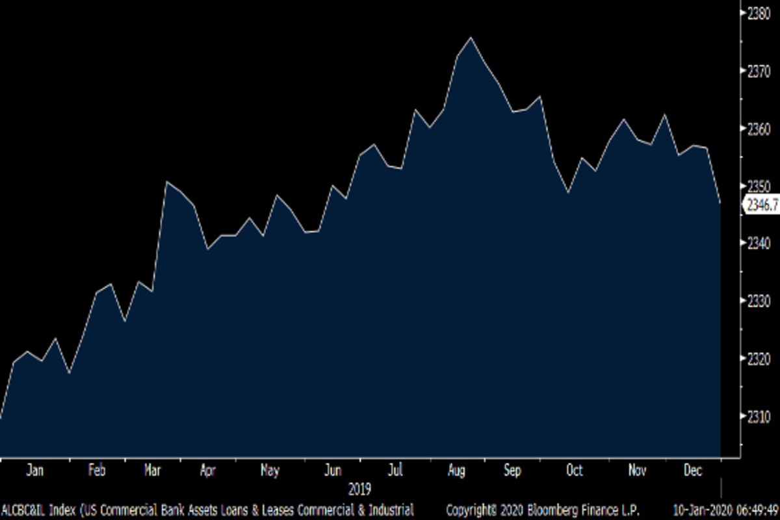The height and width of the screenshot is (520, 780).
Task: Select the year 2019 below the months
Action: pyautogui.click(x=359, y=489)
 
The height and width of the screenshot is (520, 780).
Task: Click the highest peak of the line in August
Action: pyautogui.click(x=471, y=38)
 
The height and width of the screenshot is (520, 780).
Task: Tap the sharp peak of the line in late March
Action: pyautogui.click(x=167, y=182)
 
